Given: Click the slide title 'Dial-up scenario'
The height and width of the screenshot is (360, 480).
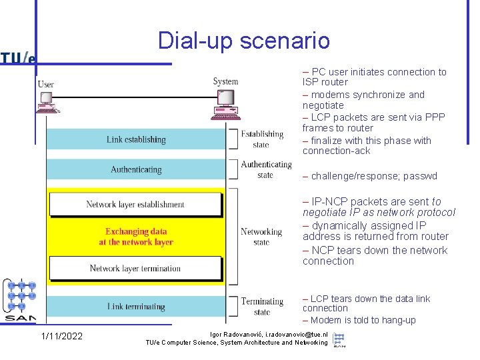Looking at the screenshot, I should coord(244,41).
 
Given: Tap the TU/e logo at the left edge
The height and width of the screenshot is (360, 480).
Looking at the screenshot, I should coord(18,57).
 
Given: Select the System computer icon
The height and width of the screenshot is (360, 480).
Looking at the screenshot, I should coord(225,103).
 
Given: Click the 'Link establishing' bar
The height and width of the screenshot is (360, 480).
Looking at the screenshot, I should coord(136,139).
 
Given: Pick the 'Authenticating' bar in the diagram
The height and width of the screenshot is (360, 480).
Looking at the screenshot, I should coord(136,169).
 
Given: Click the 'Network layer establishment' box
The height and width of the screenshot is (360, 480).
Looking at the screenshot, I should coord(135,205).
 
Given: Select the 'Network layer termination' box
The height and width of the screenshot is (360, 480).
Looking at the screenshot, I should coord(135,268).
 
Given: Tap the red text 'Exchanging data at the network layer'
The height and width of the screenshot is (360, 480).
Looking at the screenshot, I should coord(136,237).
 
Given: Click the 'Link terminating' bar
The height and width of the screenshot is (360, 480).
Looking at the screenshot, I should coord(136,307).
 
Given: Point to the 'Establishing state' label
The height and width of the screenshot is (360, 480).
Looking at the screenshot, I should coord(262,139).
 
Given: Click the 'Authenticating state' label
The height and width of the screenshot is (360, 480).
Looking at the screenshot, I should coord(266,169).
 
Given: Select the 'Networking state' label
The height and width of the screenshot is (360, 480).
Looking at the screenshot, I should coord(261,237).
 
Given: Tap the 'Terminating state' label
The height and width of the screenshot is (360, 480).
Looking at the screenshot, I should coord(262,307).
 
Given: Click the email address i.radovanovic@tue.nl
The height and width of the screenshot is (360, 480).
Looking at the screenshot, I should coord(288,334).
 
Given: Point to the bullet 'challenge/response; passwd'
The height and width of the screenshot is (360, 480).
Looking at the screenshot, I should coord(371,177).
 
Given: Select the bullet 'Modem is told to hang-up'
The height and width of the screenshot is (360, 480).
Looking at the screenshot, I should coord(360,321).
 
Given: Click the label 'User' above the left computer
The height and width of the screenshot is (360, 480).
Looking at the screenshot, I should coord(46,84).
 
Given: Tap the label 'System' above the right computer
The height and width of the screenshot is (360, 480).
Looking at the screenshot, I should coord(225,81).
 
